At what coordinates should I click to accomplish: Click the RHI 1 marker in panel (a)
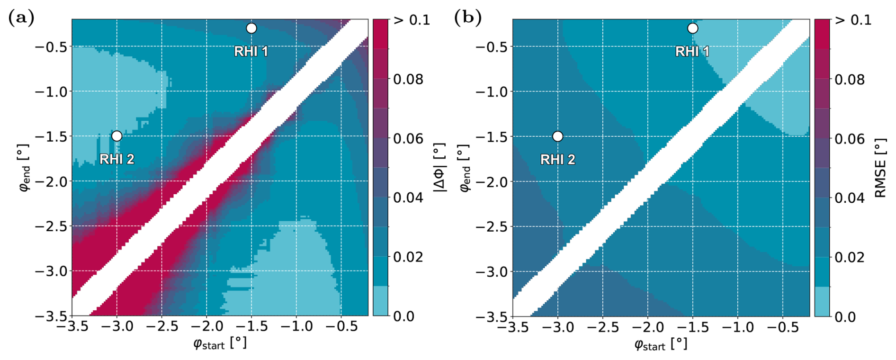point(251,28)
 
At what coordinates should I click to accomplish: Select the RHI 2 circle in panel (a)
point(117,136)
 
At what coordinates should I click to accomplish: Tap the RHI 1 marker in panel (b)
point(692,28)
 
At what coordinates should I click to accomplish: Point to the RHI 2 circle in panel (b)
point(558,136)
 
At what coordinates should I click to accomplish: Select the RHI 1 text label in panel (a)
point(251,51)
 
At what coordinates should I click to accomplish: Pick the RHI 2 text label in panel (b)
point(558,160)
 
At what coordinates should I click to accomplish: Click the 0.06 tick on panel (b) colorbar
point(850,139)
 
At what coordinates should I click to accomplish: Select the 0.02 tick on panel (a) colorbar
point(408,257)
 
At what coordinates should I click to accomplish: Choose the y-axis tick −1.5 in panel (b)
point(491,136)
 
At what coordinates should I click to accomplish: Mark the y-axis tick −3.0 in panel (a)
point(50,271)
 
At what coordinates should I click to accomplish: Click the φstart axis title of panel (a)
point(220,343)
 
